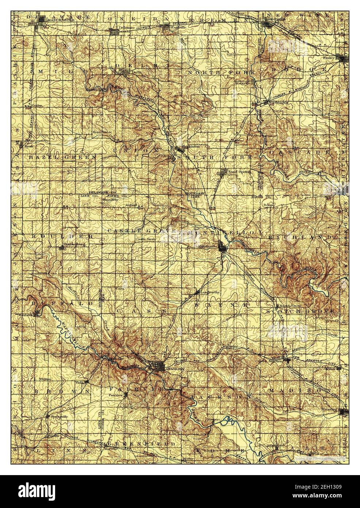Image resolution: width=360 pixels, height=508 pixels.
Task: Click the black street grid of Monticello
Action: tap(222, 246)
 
